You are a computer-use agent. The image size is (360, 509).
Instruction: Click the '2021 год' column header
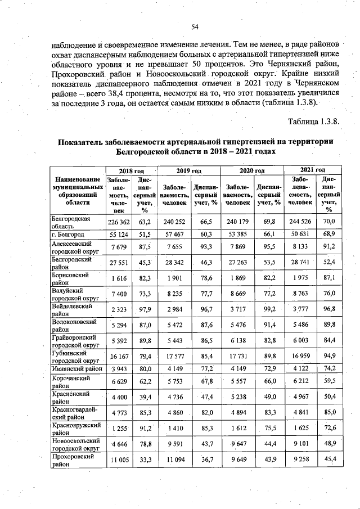[x=313, y=169]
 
